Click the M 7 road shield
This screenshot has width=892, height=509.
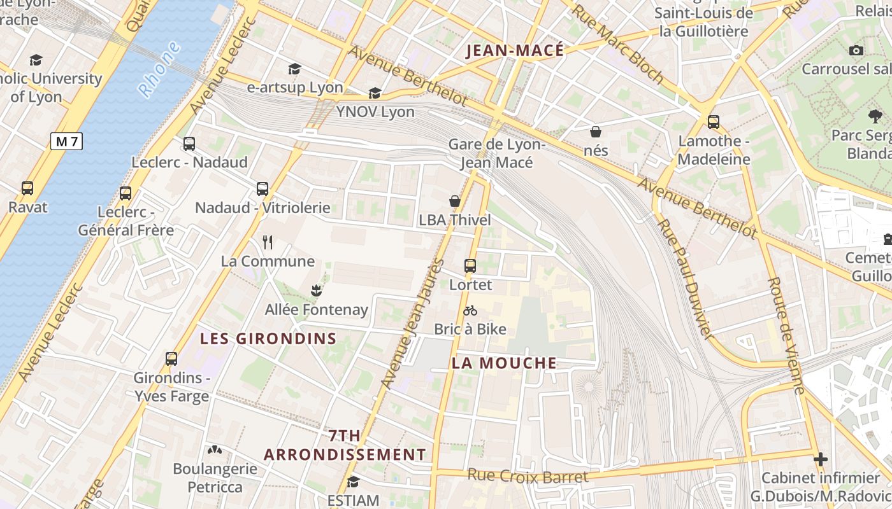click(x=66, y=141)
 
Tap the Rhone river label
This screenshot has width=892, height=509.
click(x=159, y=70)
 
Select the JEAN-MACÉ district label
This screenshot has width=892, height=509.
click(x=515, y=51)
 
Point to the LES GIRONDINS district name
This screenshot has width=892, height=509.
click(x=268, y=338)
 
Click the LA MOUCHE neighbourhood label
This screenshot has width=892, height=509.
click(x=504, y=363)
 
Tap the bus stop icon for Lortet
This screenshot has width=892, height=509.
click(x=470, y=266)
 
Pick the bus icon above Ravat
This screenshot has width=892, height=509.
click(x=27, y=188)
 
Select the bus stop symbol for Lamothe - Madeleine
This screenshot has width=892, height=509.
click(x=714, y=122)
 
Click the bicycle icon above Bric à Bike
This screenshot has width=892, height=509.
click(x=470, y=311)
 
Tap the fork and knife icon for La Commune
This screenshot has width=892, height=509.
click(x=268, y=242)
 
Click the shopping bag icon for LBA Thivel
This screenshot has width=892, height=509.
click(x=455, y=202)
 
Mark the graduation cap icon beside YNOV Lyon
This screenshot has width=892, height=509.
click(x=375, y=94)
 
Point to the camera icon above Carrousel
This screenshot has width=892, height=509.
click(x=856, y=50)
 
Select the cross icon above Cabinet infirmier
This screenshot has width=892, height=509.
click(x=821, y=459)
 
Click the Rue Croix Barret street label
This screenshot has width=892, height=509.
click(x=528, y=476)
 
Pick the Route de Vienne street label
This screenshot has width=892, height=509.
click(x=788, y=335)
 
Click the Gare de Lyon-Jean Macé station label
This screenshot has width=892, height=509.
click(x=497, y=153)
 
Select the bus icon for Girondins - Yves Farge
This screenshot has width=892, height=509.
click(x=171, y=359)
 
